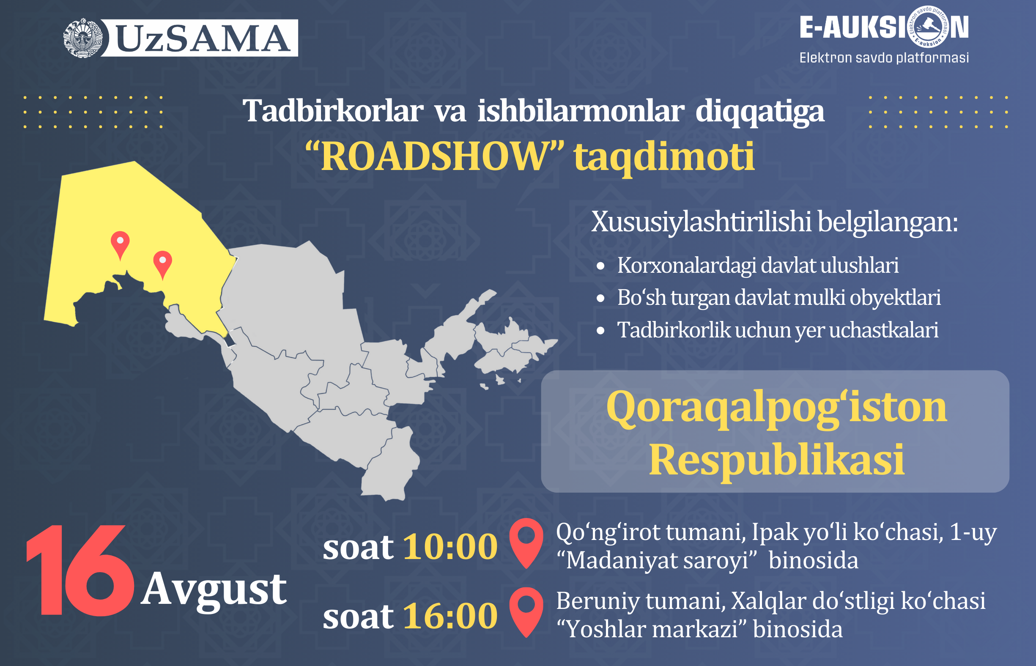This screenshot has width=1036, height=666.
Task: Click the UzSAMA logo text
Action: point(203,38)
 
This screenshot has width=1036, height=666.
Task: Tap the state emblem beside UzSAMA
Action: point(83,38)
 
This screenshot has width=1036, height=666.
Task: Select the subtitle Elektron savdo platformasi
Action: point(884,58)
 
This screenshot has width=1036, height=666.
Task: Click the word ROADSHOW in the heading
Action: point(435,156)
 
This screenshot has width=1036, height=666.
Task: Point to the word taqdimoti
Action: point(664,156)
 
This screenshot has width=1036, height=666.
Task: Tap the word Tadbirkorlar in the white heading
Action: point(333,111)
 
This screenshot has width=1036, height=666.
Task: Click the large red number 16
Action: point(80,570)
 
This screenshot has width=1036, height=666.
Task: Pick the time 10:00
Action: point(450,547)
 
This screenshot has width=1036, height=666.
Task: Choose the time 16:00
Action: point(450,616)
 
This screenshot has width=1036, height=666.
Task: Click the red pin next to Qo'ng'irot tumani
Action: point(526,543)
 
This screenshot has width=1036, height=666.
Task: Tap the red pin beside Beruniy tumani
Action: point(526,612)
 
